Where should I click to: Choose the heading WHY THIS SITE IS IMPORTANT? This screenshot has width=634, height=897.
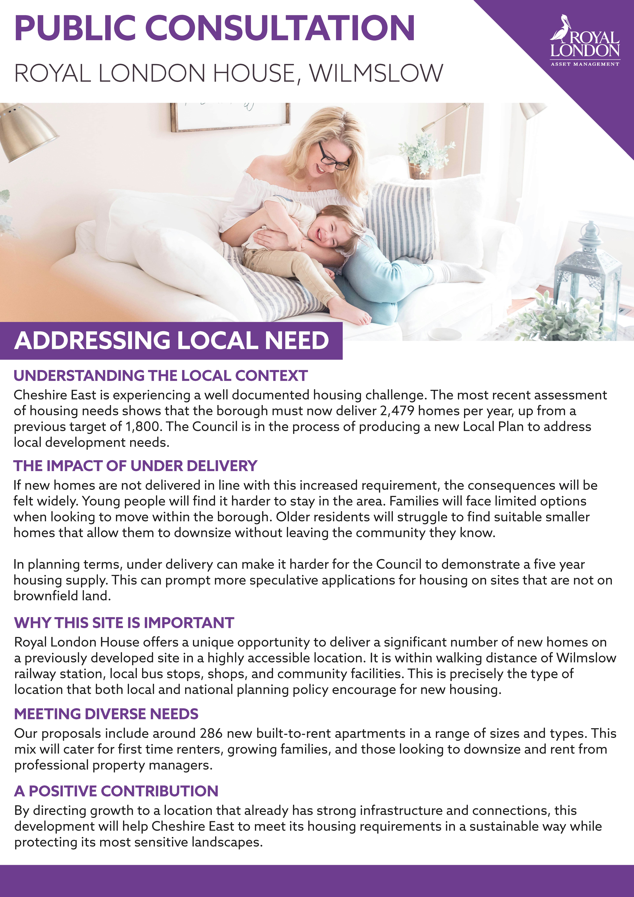tap(124, 623)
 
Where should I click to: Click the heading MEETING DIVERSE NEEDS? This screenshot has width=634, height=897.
tap(106, 714)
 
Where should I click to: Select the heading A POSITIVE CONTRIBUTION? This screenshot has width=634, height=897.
tap(116, 791)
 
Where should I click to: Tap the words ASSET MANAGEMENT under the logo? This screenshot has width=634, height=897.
tap(585, 64)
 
